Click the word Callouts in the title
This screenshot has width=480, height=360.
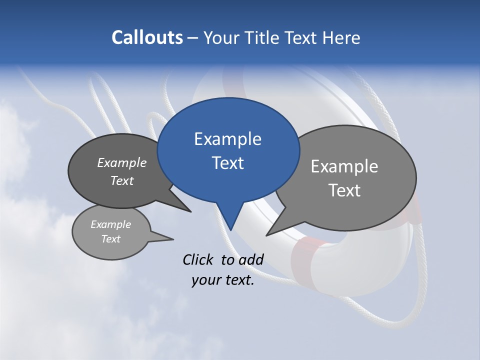[x=147, y=38]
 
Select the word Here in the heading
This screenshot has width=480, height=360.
[x=341, y=38]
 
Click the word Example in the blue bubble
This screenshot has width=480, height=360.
[x=227, y=139]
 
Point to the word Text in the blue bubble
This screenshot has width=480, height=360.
[x=227, y=163]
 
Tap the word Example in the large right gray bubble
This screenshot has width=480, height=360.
[x=344, y=166]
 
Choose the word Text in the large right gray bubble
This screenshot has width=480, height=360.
[x=344, y=190]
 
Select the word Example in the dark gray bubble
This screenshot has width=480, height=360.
[x=122, y=163]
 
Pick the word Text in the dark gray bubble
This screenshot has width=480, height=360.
[x=122, y=180]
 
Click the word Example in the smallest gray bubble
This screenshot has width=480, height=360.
[x=110, y=224]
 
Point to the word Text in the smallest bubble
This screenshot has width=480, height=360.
[x=110, y=239]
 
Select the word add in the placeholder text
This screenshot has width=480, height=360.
[x=251, y=259]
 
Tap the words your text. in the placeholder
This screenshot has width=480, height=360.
[x=223, y=280]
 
